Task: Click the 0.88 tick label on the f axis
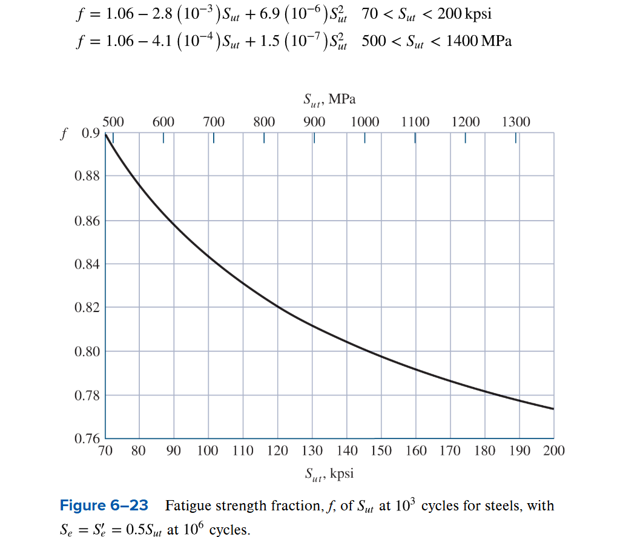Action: (87, 177)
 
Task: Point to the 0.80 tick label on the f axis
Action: (87, 351)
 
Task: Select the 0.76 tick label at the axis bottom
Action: (87, 438)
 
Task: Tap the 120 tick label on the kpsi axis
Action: (277, 451)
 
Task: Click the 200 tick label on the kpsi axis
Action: (554, 451)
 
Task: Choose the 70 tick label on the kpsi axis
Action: (105, 451)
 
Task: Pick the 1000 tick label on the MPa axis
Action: (364, 122)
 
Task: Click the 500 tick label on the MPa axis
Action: (113, 122)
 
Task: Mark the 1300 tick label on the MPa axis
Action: (516, 122)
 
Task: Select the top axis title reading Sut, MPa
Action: (329, 100)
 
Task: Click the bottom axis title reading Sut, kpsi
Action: (329, 474)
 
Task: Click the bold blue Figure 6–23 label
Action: (104, 506)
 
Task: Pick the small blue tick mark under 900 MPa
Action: (314, 138)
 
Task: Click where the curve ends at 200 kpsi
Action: (553, 409)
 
